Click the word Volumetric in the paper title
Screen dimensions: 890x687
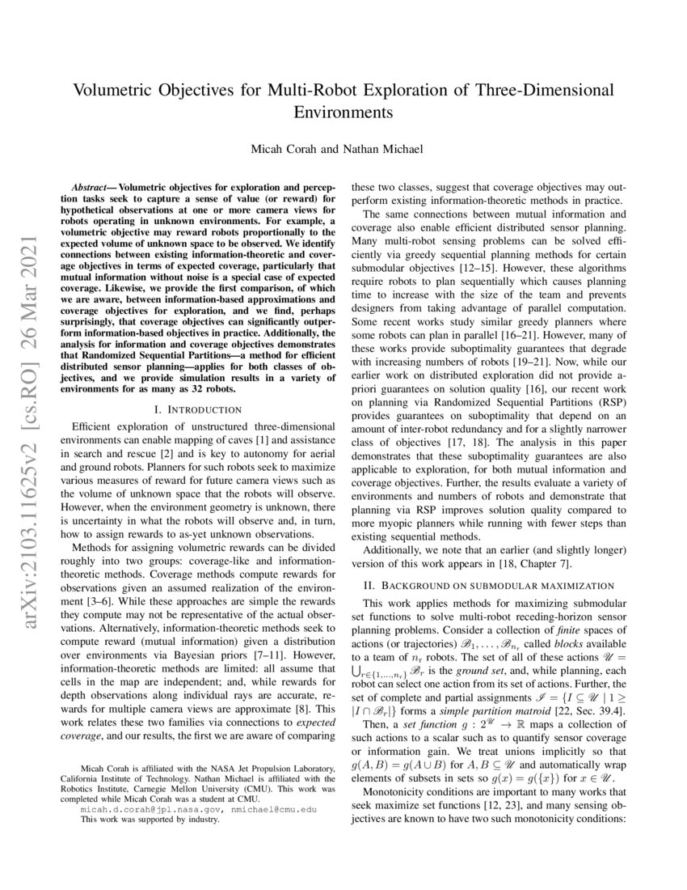(x=114, y=90)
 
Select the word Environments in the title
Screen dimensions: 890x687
(x=343, y=111)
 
